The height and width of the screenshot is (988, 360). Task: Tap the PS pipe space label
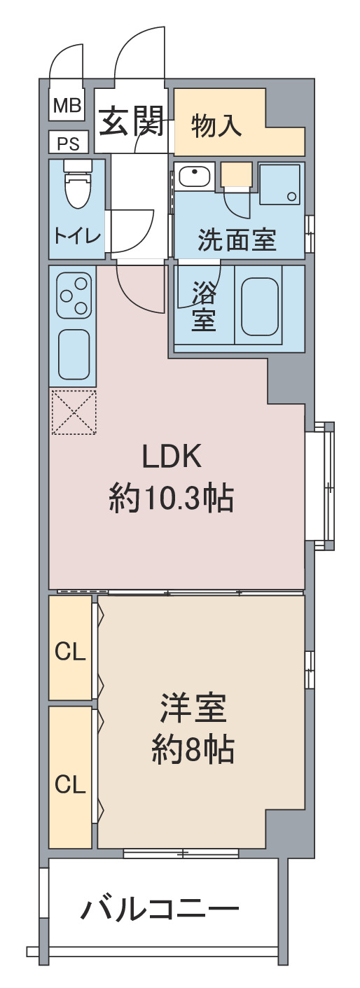(x=68, y=144)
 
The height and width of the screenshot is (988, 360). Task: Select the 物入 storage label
(x=216, y=125)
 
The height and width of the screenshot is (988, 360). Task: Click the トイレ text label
(x=77, y=237)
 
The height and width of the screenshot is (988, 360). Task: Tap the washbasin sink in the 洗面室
(x=194, y=177)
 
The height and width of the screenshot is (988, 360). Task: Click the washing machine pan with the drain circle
(x=282, y=184)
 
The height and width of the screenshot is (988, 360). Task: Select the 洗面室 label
(x=237, y=240)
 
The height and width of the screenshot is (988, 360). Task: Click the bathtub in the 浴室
(x=260, y=305)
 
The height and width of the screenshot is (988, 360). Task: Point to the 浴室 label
(x=203, y=306)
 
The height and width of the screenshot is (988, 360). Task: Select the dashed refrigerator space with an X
(x=74, y=412)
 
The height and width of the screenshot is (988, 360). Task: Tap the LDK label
(x=172, y=457)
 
